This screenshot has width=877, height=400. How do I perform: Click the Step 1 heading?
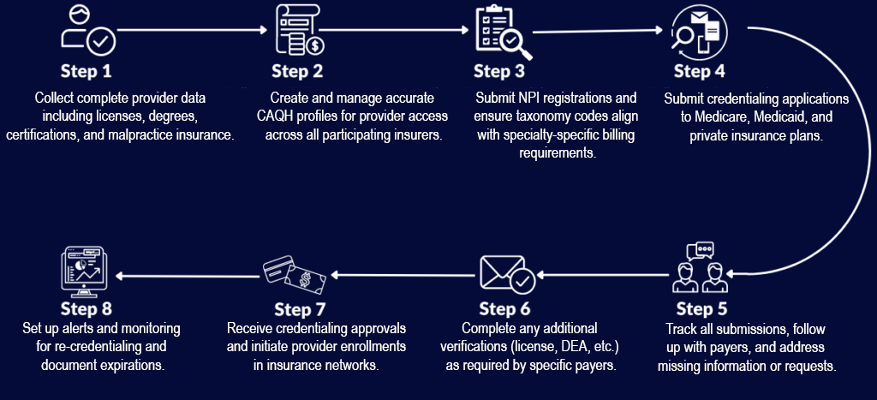(86, 70)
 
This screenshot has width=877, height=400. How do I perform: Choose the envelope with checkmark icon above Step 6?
(508, 274)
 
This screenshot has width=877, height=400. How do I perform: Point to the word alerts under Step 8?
(87, 329)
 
